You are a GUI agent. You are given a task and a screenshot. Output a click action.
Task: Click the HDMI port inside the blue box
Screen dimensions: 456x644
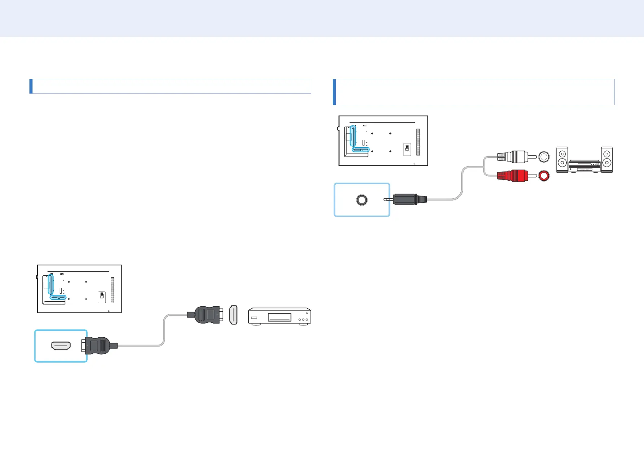point(61,346)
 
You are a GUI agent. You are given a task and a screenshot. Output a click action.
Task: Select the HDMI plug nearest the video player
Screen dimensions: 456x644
point(207,315)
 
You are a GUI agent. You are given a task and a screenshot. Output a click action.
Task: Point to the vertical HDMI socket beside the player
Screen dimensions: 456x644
point(233,315)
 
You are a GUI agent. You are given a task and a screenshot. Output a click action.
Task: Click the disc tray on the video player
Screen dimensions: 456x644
point(279,317)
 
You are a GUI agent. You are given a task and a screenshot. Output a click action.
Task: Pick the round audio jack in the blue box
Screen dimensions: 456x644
point(362,200)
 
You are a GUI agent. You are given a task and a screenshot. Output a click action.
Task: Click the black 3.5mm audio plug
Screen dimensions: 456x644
point(408,199)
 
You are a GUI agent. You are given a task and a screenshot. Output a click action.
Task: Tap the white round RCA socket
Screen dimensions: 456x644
point(544,157)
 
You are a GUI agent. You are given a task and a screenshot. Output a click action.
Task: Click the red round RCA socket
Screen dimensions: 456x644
point(544,176)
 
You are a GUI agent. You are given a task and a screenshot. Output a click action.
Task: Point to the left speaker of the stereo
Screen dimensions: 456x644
point(562,159)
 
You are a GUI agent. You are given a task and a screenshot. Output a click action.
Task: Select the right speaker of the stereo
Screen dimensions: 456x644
point(607,159)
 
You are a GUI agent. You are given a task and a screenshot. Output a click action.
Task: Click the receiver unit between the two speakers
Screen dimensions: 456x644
point(584,166)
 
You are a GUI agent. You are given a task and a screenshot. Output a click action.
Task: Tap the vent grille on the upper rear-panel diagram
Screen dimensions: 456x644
point(418,142)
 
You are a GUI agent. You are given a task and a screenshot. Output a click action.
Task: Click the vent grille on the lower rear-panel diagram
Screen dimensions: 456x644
point(112,290)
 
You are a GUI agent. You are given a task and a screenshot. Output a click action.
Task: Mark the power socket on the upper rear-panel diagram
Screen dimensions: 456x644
point(407,149)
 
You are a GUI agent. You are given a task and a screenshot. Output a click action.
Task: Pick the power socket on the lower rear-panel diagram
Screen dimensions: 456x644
point(102,297)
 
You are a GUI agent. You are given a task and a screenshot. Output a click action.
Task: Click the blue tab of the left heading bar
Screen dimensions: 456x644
point(31,86)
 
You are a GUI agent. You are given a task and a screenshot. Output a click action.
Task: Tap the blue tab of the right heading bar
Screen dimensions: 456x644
point(334,92)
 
